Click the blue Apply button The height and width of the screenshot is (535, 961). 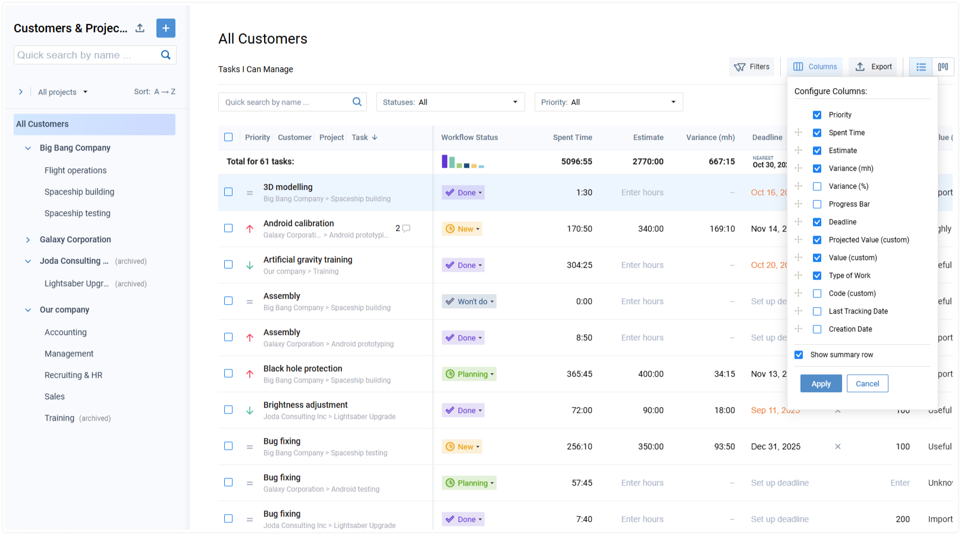821,384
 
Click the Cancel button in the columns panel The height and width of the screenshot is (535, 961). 867,384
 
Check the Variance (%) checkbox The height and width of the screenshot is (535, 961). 817,186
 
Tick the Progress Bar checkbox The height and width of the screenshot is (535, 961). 817,204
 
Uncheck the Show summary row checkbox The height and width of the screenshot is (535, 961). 799,355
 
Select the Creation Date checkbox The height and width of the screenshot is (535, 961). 817,329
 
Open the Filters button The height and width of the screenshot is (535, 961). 752,67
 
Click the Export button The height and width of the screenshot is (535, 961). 873,67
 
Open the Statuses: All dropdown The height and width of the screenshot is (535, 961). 450,102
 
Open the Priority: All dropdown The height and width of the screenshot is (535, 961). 608,102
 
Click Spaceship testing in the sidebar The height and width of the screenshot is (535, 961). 77,213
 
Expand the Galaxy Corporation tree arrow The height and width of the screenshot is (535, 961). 28,240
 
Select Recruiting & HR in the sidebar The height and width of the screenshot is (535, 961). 73,375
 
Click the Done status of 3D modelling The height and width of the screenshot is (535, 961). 463,193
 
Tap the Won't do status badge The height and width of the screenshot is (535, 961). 469,302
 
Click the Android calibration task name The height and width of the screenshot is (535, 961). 299,223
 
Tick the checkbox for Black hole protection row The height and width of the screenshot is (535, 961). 228,374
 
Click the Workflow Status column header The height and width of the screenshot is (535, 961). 469,137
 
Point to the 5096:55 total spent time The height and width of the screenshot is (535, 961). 576,161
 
